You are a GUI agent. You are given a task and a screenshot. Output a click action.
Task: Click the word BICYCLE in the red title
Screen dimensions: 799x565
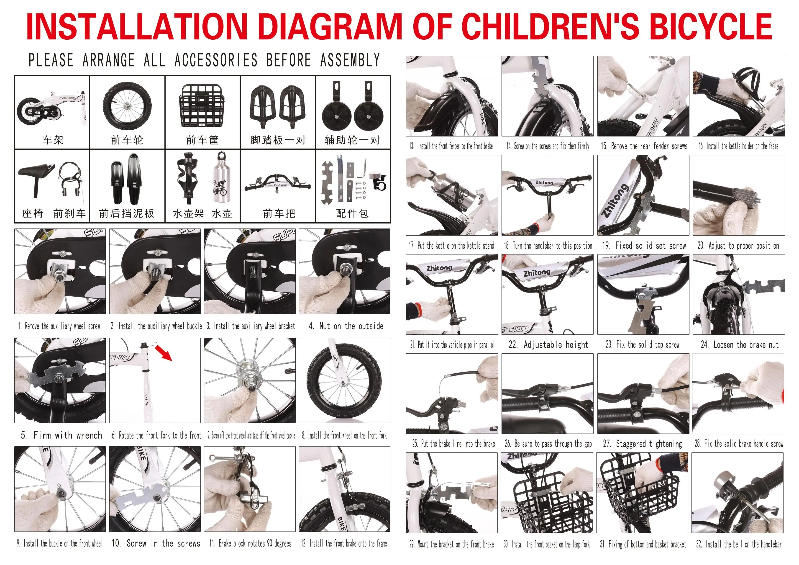[x=710, y=26]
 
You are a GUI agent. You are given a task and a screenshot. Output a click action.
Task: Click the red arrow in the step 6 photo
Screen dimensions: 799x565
[x=164, y=352]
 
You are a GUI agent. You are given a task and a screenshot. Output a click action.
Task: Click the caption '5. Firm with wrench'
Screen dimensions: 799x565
[x=61, y=435]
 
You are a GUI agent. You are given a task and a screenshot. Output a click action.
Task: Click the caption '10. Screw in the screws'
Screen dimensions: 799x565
[x=156, y=543]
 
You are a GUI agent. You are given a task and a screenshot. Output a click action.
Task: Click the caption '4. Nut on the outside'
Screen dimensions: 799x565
[x=346, y=326]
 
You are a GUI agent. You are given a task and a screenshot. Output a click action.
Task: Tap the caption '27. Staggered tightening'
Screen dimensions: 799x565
[x=642, y=444]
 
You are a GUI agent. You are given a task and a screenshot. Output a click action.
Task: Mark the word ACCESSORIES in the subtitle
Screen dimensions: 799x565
[x=215, y=60]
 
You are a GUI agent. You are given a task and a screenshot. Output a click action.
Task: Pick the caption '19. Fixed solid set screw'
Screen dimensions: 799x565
[x=644, y=245]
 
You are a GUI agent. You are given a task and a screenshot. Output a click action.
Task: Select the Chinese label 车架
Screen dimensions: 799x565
[x=53, y=140]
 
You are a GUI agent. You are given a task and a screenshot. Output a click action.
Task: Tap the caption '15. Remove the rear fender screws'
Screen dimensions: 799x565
[x=644, y=146]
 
